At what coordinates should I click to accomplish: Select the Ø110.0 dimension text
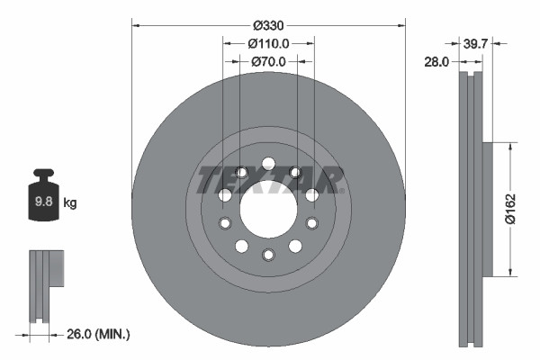(x=268, y=42)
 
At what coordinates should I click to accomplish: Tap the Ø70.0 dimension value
(x=268, y=61)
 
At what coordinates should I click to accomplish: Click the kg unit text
(x=69, y=203)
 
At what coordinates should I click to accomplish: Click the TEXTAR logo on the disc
(x=269, y=179)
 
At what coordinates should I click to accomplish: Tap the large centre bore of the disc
(x=268, y=208)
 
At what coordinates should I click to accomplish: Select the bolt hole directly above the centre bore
(x=268, y=163)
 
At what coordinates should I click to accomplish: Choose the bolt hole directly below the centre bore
(x=268, y=255)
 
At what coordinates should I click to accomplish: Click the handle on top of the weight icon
(x=42, y=174)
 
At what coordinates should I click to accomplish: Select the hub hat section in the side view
(x=488, y=209)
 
